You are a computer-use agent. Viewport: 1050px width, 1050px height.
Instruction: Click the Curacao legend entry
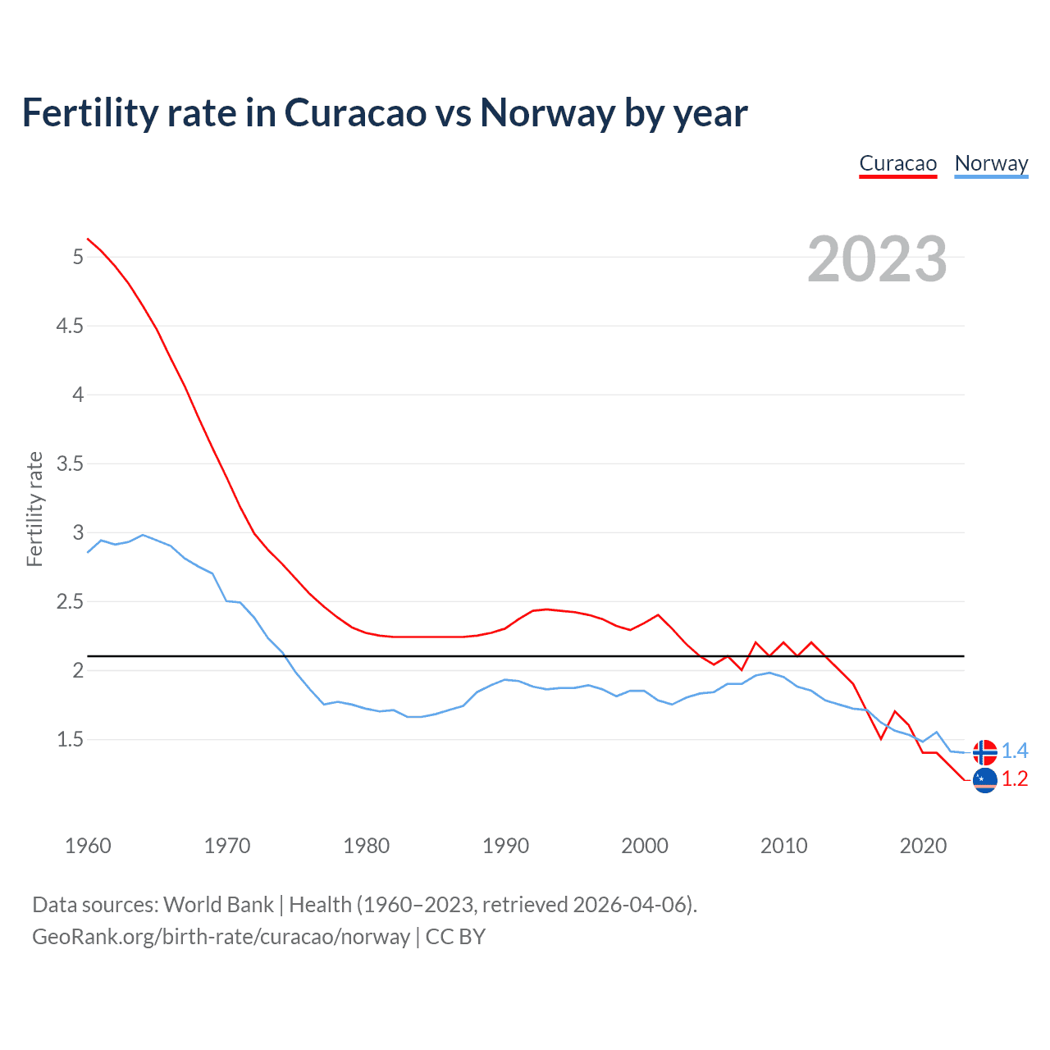(x=897, y=163)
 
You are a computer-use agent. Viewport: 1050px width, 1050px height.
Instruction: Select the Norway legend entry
(x=991, y=163)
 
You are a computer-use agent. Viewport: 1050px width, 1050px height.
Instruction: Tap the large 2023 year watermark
(x=877, y=259)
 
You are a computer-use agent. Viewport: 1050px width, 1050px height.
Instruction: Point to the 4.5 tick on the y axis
(x=70, y=326)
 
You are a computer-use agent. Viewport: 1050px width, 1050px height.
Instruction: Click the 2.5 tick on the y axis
(x=70, y=601)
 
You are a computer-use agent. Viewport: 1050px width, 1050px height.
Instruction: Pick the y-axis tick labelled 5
(x=78, y=257)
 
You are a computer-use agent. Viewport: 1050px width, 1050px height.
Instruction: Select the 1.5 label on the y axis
(x=70, y=739)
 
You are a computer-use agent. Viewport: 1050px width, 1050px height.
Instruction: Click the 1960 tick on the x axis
(x=88, y=846)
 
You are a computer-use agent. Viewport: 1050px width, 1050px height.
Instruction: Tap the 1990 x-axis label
(x=505, y=846)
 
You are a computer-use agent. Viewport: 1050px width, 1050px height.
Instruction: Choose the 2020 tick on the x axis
(x=923, y=846)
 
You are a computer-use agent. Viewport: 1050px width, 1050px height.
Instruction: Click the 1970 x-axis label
(x=227, y=846)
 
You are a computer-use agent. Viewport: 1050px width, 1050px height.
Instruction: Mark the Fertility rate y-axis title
(x=34, y=509)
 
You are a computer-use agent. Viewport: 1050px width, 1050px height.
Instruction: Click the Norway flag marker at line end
(x=984, y=751)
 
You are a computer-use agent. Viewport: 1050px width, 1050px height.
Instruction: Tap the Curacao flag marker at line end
(x=984, y=780)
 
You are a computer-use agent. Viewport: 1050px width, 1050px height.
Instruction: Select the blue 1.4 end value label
(x=1015, y=751)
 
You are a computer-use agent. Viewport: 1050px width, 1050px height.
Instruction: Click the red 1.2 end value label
(x=1015, y=779)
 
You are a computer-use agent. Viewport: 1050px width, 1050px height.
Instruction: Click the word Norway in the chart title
(x=547, y=112)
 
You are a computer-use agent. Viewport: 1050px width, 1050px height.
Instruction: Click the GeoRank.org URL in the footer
(x=221, y=937)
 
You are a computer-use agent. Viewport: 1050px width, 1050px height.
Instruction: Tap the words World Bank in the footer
(x=218, y=905)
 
